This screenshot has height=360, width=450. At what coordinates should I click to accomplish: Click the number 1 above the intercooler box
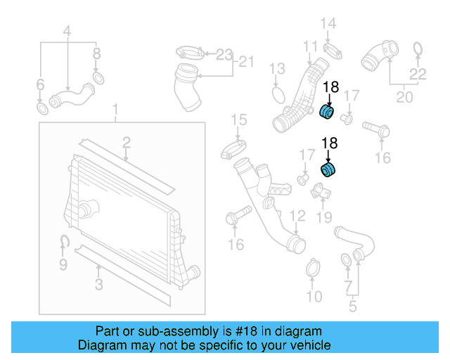click(x=117, y=110)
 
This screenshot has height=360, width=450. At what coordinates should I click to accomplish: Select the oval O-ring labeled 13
click(x=278, y=94)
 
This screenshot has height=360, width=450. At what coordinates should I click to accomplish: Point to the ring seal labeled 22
click(x=417, y=49)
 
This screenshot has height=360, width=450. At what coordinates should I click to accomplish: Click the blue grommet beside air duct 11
click(x=328, y=111)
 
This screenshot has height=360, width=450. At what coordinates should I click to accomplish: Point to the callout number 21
click(x=244, y=62)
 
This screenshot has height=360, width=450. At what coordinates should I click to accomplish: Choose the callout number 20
click(x=404, y=97)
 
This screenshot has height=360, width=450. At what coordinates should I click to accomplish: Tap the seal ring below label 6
click(x=41, y=109)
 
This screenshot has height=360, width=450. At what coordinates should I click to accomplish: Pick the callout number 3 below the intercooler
click(x=98, y=285)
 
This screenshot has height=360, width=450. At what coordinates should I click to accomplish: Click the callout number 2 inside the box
click(x=127, y=143)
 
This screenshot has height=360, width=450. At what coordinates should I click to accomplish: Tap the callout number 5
click(x=352, y=306)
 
